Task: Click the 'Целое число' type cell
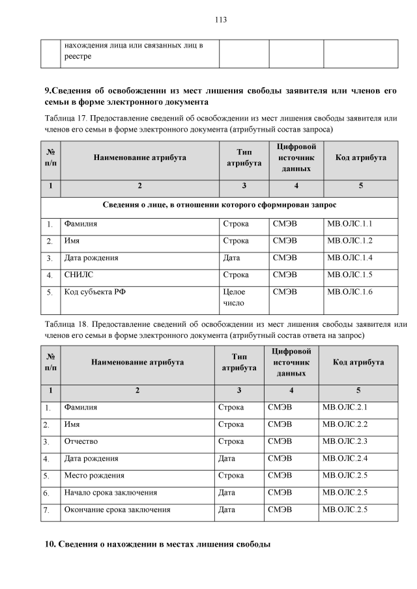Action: tap(234, 297)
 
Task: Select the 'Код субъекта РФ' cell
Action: tap(94, 292)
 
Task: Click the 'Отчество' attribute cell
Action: tap(81, 441)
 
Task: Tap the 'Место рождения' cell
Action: tap(94, 475)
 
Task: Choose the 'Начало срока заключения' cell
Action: tap(110, 492)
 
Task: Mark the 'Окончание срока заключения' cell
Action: tap(117, 510)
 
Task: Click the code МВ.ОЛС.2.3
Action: tap(345, 441)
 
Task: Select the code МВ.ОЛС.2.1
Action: tap(345, 407)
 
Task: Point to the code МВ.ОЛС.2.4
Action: tap(345, 458)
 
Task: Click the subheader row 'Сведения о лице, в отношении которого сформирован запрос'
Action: tap(220, 204)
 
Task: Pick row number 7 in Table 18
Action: tap(46, 510)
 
